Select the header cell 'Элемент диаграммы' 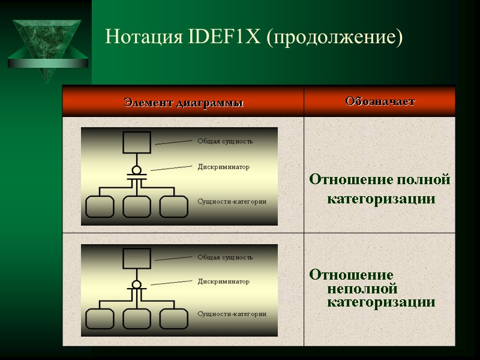[x=184, y=103]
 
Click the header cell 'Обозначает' [x=380, y=101]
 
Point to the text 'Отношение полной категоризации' [x=380, y=189]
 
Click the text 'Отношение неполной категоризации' [x=372, y=289]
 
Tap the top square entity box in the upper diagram [x=137, y=143]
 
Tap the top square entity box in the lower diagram [x=137, y=259]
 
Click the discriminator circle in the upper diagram [x=137, y=170]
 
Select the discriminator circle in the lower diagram [x=137, y=284]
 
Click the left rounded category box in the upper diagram [x=100, y=206]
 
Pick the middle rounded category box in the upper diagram [x=137, y=206]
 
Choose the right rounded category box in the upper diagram [x=173, y=206]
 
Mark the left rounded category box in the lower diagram [x=100, y=319]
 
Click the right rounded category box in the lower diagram [x=173, y=319]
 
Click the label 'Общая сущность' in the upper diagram [x=225, y=142]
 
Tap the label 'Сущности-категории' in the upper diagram [x=232, y=202]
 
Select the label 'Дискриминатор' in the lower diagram [x=223, y=281]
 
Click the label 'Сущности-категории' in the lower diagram [x=232, y=313]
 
